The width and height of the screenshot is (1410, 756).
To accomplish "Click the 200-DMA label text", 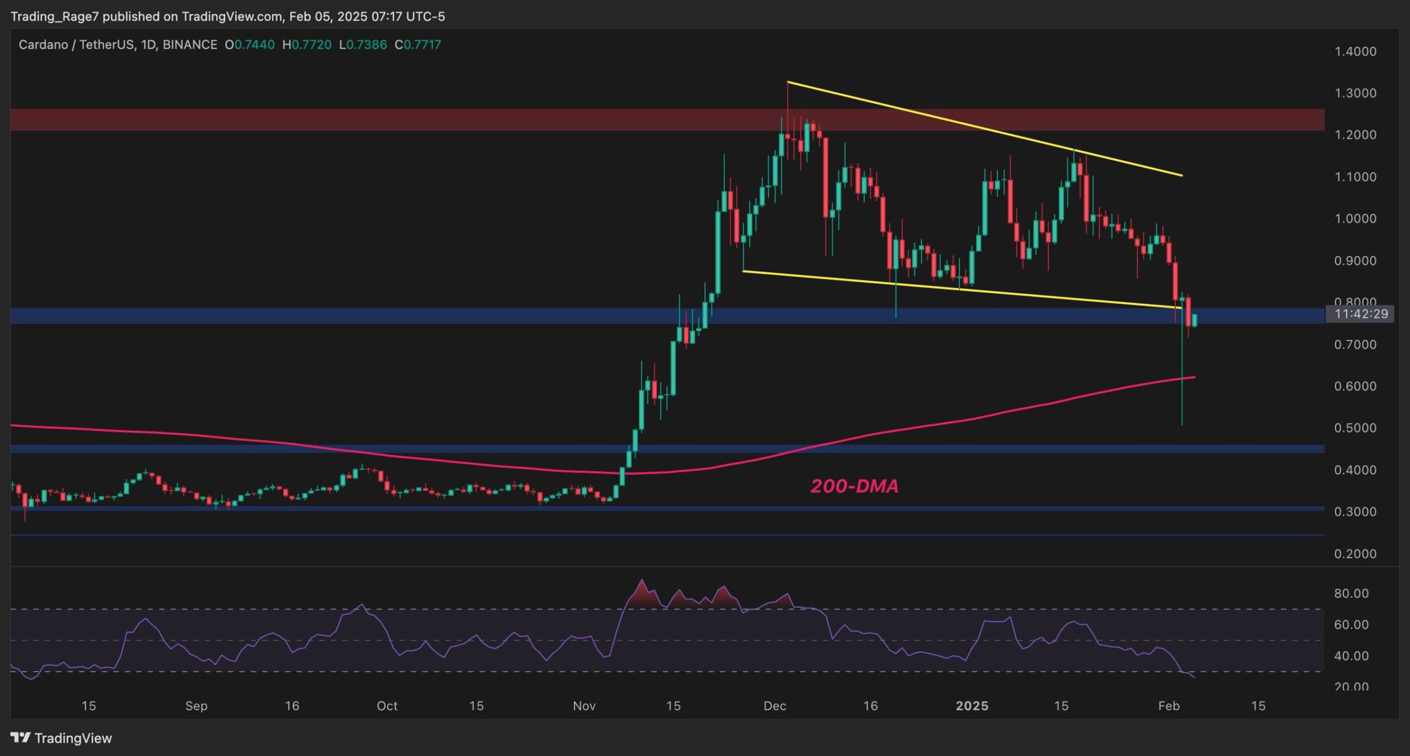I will click(854, 486).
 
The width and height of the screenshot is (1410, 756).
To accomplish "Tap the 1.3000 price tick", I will click(1355, 93).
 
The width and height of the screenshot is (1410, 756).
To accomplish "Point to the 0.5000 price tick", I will click(1355, 428).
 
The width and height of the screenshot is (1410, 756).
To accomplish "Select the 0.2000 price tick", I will click(1355, 554).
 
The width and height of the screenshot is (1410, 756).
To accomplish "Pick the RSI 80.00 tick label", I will click(1351, 593).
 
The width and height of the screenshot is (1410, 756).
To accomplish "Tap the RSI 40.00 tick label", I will click(1351, 656).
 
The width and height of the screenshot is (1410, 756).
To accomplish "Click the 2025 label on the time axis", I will click(972, 706).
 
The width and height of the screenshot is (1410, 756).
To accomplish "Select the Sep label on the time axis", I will click(196, 706).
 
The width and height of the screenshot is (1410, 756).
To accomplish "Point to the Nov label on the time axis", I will click(584, 706).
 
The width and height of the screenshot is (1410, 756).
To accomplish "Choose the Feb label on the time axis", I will click(1169, 706).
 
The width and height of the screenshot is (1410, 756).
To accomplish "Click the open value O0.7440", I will click(250, 45).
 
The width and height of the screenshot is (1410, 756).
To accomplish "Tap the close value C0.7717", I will click(418, 45).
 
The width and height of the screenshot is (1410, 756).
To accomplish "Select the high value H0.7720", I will click(307, 45).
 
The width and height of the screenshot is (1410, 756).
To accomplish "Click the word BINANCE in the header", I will click(190, 45).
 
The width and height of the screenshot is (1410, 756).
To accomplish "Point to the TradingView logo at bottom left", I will click(61, 738).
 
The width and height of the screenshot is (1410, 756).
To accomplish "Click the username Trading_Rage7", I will click(55, 17).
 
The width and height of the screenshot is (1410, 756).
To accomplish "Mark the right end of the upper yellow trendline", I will click(1182, 176).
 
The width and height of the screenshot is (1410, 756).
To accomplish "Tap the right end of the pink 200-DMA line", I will click(1194, 377).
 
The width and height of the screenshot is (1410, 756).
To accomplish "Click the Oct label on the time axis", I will click(387, 706).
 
